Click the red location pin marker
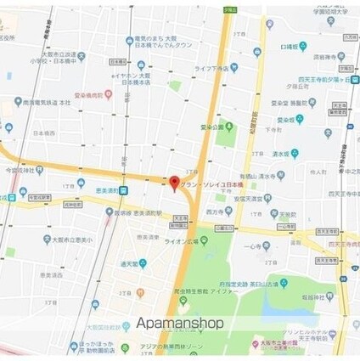point(175,183)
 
